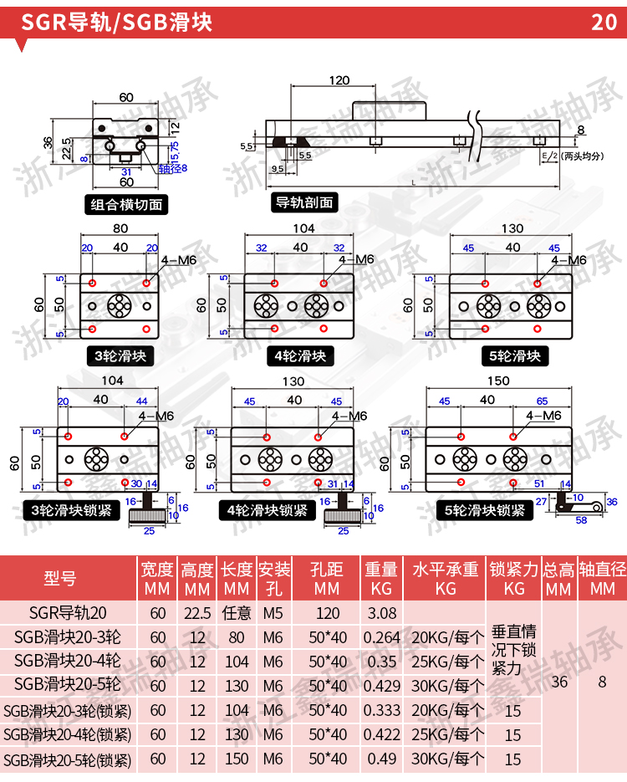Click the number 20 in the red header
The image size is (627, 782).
click(604, 22)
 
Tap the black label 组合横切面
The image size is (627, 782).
click(127, 204)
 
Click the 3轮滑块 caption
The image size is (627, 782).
click(120, 356)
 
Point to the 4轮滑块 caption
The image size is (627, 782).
click(300, 356)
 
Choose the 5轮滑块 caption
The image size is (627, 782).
click(514, 356)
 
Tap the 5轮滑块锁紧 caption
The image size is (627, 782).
click(485, 510)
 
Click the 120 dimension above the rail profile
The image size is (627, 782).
click(338, 81)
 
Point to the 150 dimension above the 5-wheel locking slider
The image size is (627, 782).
click(498, 381)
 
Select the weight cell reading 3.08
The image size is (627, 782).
click(381, 613)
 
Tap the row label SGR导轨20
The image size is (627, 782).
click(68, 613)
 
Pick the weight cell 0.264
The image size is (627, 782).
click(381, 637)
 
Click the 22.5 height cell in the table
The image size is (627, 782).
click(197, 613)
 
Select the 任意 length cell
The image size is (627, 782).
click(237, 613)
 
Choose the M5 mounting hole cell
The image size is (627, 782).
click(273, 613)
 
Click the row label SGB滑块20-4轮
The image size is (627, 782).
click(68, 662)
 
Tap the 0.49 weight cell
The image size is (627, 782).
click(381, 759)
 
